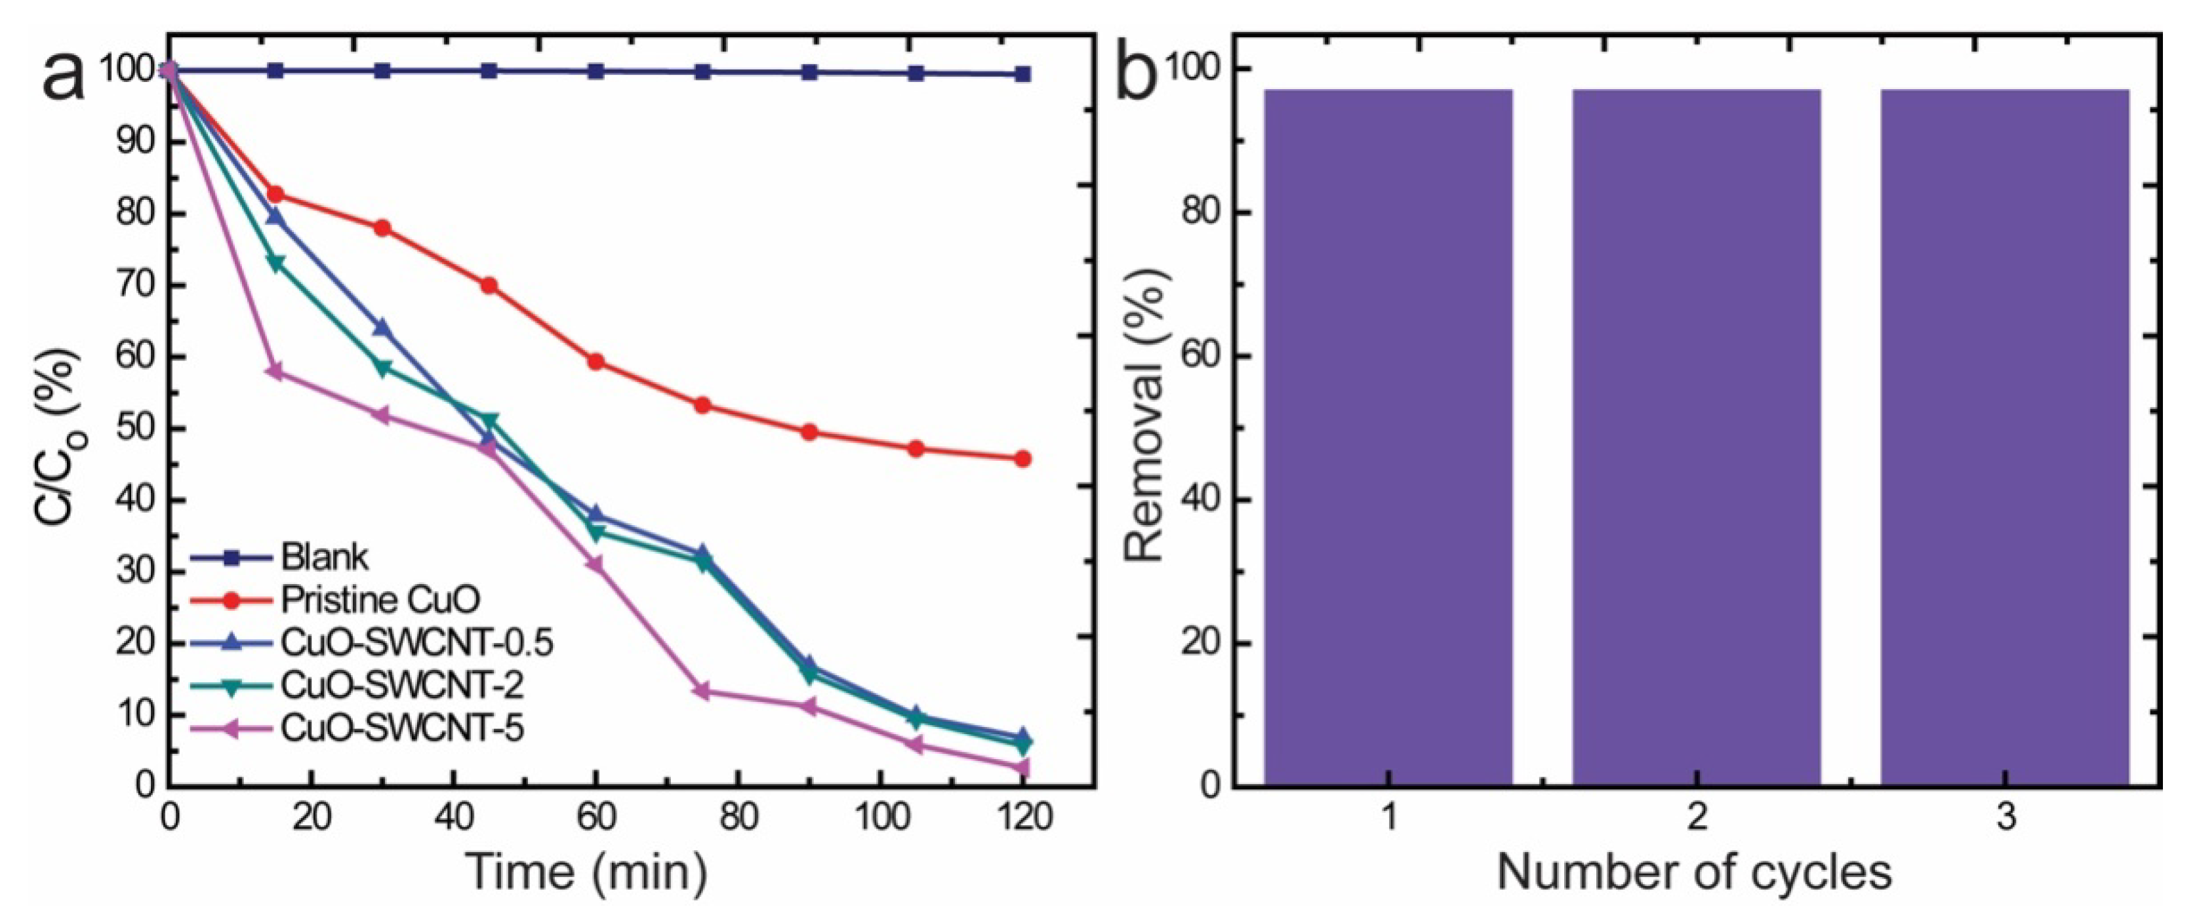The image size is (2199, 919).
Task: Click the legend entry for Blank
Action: coord(325,557)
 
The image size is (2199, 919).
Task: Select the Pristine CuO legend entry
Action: coord(380,600)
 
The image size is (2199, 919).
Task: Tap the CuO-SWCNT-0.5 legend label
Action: coord(416,642)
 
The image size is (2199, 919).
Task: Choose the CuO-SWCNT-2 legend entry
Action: coord(401,685)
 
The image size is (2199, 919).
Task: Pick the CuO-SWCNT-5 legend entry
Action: coord(401,728)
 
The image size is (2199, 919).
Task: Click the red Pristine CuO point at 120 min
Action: coord(1022,459)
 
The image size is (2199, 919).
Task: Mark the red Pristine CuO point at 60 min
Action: coord(596,362)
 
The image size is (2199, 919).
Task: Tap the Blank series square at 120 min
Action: coord(1022,74)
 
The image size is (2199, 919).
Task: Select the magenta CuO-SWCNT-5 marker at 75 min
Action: coord(702,691)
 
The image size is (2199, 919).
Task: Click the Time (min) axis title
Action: coord(588,872)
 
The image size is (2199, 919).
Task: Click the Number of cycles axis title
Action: coord(1695,872)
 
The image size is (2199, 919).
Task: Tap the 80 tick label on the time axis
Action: coord(738,817)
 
